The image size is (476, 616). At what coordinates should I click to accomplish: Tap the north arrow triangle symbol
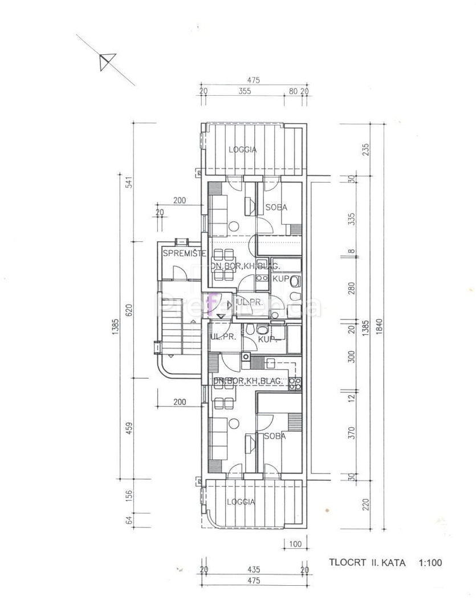107,60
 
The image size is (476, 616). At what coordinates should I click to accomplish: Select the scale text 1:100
430,563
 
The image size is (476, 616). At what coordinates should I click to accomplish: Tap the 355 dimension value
245,91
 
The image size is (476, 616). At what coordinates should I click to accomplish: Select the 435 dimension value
254,569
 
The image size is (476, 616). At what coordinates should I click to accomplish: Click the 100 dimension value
295,544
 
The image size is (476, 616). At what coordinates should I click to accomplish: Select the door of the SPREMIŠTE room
181,274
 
